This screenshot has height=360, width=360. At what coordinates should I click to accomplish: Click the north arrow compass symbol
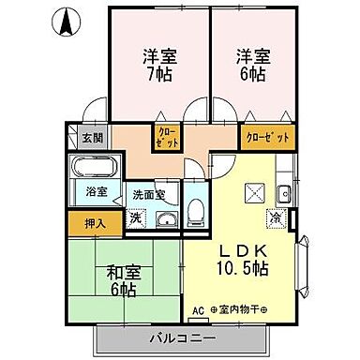66,20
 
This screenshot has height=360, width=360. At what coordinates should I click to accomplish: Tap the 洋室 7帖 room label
159,63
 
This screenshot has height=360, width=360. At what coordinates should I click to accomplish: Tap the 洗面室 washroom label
148,196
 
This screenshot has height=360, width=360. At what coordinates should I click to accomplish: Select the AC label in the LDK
198,310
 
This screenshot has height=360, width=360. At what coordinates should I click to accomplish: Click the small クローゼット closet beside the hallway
169,140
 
